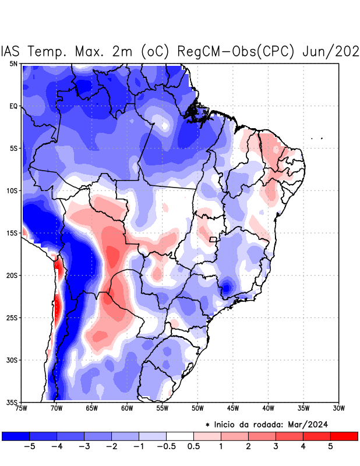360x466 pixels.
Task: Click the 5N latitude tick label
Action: click(13, 63)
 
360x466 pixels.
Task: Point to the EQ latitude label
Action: click(13, 106)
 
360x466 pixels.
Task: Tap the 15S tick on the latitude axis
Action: click(12, 233)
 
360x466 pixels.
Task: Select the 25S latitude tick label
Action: click(12, 317)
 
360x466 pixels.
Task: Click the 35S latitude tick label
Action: click(12, 402)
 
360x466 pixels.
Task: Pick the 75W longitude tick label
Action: click(22, 408)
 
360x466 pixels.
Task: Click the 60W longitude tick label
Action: click(126, 408)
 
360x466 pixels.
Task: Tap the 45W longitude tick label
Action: click(232, 408)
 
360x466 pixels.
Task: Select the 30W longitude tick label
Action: click(338, 408)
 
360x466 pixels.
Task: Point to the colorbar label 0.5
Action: click(194, 447)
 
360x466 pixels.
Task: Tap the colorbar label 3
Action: click(276, 447)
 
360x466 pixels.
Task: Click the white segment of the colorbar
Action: click(180, 436)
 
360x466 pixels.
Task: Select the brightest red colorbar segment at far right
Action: click(344, 436)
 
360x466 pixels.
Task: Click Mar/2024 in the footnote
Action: click(317, 423)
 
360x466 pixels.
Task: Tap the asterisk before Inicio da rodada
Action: click(207, 424)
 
